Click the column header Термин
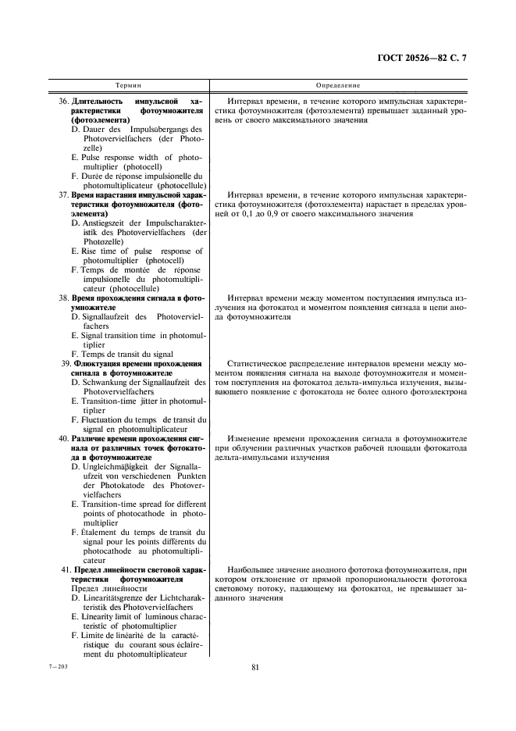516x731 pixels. pos(129,84)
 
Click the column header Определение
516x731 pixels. pos(338,84)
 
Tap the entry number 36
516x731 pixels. pos(64,102)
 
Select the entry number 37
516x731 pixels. pos(64,194)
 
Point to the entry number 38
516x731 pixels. pos(64,298)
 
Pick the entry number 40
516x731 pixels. pos(64,438)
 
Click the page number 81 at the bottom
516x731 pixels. pos(255,667)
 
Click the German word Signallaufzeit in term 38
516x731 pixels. pos(109,317)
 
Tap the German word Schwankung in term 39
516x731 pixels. pos(105,383)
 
